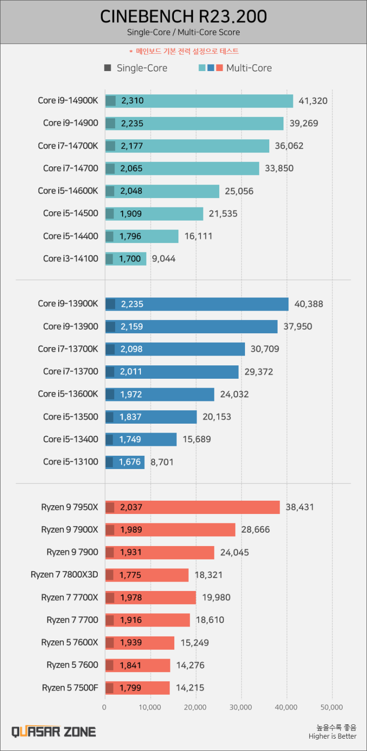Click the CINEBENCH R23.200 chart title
coord(183,17)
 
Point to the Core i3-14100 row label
coord(71,258)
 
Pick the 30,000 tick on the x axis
coord(241,707)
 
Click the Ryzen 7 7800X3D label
coord(64,575)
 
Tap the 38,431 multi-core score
coord(300,507)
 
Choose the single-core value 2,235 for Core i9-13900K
coord(132,304)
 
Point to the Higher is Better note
coord(332,736)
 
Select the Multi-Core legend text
coord(249,68)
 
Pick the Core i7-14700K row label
coord(68,146)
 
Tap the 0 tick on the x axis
coord(104,707)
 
